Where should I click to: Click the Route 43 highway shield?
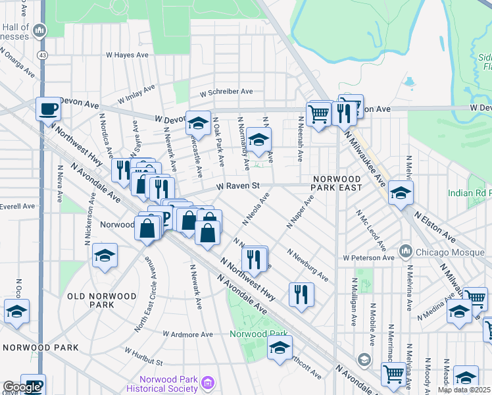tap(42, 55)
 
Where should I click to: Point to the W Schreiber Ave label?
tap(227, 92)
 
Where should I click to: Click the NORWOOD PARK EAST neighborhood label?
tap(337, 183)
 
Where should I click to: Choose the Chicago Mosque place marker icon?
tap(405, 251)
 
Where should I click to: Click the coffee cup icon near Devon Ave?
tap(47, 109)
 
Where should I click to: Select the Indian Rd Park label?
tap(470, 193)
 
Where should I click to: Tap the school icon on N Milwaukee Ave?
tap(399, 192)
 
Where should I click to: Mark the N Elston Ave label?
tap(435, 225)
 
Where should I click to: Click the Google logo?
tap(22, 387)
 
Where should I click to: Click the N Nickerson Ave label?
tap(87, 224)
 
